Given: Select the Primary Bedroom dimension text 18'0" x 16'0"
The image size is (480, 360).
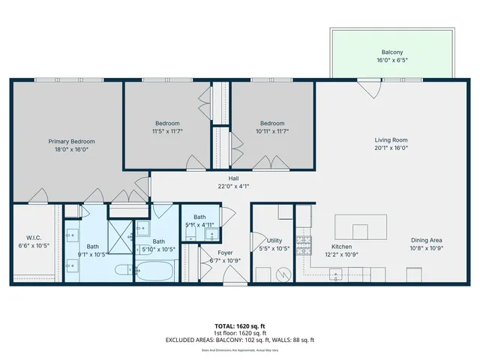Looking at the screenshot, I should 71,150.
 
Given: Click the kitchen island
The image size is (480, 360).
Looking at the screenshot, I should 361,226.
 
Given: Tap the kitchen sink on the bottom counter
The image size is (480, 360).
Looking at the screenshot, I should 335,275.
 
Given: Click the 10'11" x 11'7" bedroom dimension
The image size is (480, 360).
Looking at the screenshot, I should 272,131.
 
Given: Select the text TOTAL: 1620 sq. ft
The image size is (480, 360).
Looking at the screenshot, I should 239,326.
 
